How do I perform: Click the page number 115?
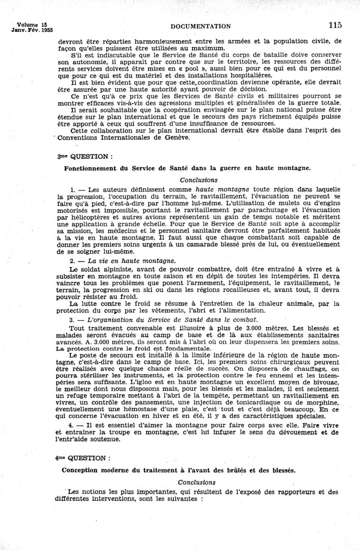click(335, 25)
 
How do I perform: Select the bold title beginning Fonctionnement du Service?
click(187, 168)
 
